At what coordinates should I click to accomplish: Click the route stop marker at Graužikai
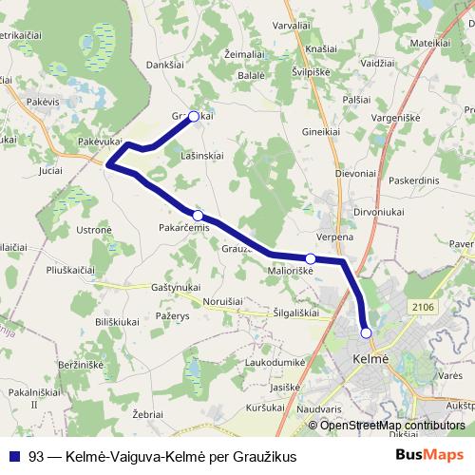194,117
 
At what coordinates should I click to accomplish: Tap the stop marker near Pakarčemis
198,216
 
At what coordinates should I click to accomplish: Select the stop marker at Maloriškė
311,258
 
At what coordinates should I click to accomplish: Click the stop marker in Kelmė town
367,332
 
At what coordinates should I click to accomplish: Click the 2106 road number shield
424,306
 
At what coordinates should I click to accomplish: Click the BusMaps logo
429,456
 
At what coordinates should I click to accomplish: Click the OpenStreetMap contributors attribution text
392,426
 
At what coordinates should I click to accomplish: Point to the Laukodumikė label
274,362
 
